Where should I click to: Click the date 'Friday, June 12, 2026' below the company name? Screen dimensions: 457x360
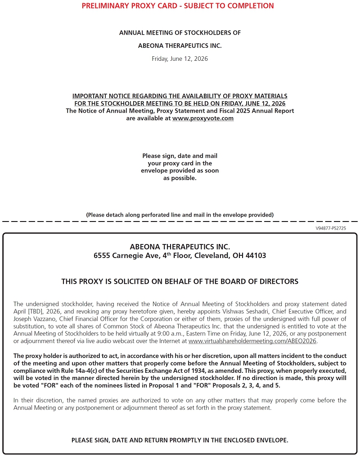[180, 59]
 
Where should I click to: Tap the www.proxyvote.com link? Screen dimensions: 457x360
[203, 118]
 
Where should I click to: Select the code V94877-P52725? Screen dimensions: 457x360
[331, 228]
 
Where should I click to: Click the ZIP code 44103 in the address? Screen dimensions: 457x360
[256, 256]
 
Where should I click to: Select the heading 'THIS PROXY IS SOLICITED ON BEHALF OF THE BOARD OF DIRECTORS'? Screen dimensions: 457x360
[180, 281]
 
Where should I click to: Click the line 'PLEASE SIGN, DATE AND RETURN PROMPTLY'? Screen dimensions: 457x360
[180, 440]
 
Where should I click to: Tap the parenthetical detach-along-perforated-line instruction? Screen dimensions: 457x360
[180, 215]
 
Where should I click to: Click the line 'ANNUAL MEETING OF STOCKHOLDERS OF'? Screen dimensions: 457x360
[180, 33]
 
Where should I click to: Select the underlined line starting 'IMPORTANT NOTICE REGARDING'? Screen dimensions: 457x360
[180, 96]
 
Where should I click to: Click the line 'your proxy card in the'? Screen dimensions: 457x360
[180, 163]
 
